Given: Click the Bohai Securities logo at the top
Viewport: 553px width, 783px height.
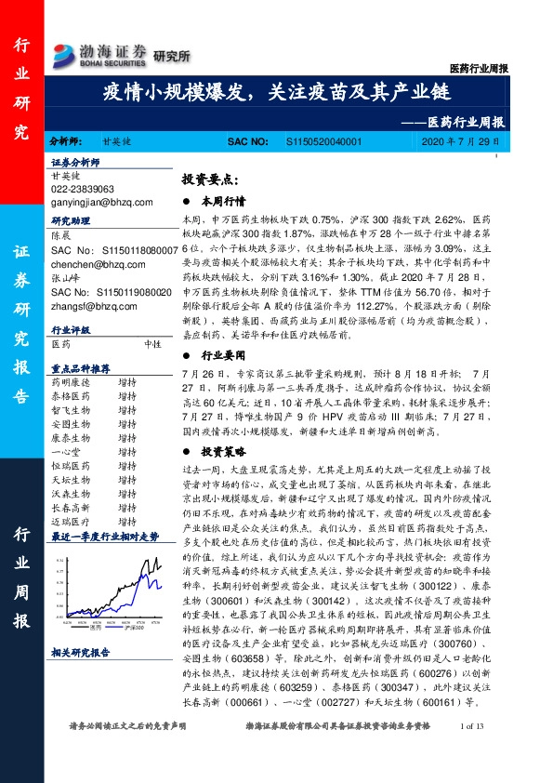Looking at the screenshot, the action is pos(99,54).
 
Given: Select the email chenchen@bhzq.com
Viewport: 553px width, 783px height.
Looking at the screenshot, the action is pos(90,264).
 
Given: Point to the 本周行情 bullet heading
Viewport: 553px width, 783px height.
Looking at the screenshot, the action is pos(222,200).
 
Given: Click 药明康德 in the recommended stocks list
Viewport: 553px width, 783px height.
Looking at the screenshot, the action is pos(69,382).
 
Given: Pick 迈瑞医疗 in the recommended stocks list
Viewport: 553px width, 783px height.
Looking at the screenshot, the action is pos(69,522).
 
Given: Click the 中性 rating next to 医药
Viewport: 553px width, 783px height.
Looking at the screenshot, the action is pos(153,342).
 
